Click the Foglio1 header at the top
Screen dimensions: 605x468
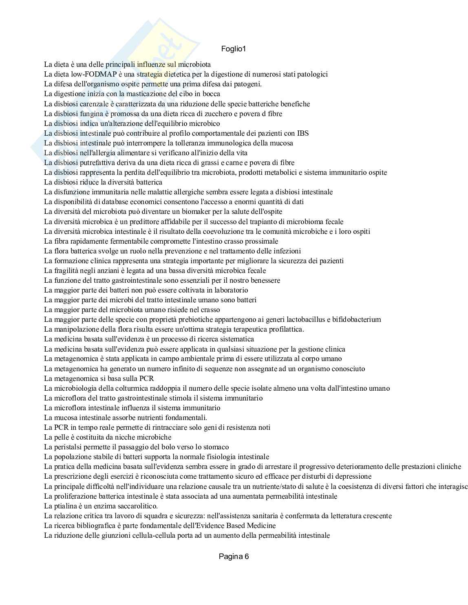click(x=234, y=49)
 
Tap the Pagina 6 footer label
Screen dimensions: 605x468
click(x=234, y=557)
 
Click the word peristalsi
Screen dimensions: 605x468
click(x=68, y=447)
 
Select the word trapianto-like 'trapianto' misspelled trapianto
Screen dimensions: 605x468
click(x=251, y=222)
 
